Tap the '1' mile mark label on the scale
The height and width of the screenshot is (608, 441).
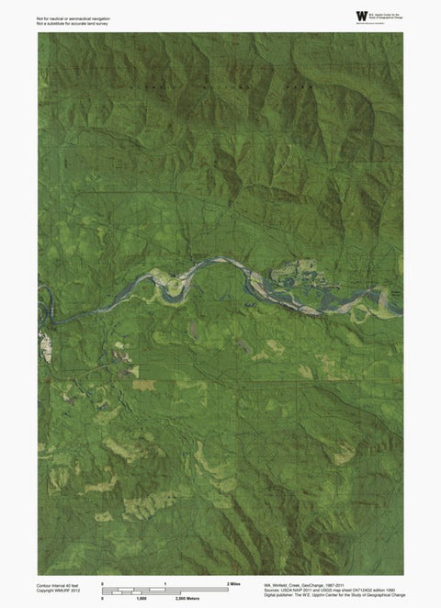click(164, 583)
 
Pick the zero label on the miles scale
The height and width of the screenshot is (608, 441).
click(102, 583)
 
